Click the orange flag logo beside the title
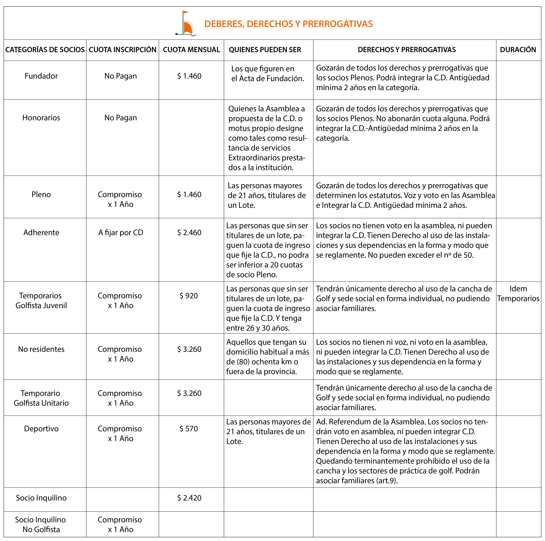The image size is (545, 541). point(186,24)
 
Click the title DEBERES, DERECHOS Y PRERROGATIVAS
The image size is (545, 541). point(288,24)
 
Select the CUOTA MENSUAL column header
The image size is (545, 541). point(191,50)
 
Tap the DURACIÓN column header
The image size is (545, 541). point(518,50)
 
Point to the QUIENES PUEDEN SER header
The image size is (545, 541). point(265,50)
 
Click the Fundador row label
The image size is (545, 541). point(41,76)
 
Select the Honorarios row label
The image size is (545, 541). point(41,118)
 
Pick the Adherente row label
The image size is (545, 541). point(41,232)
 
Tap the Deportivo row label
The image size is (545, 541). point(41,428)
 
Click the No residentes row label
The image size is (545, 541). point(41,349)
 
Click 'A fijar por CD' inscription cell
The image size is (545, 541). point(121,232)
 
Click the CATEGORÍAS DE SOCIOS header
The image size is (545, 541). point(45,50)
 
